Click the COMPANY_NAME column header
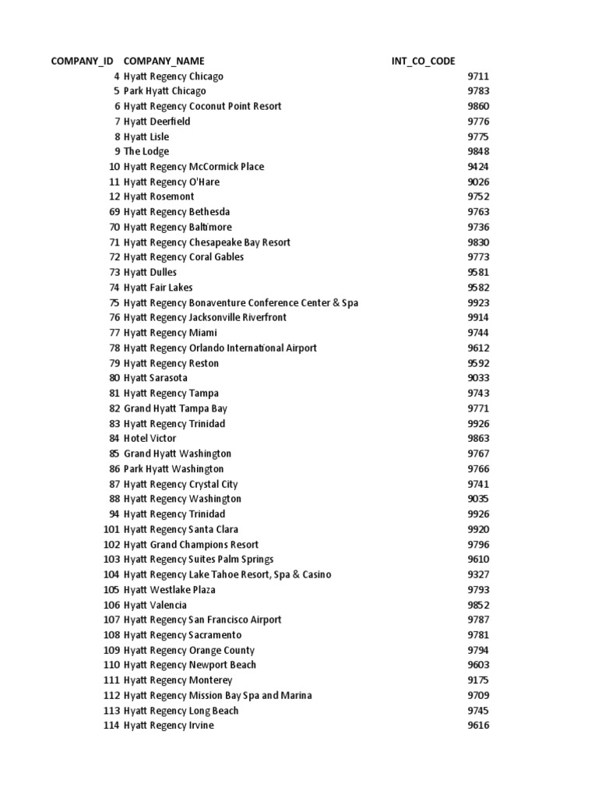(x=164, y=61)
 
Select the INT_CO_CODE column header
(x=424, y=61)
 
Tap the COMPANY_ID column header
(x=83, y=61)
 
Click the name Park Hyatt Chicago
(x=165, y=91)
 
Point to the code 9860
(x=478, y=106)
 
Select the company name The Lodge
(x=146, y=151)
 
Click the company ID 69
(x=114, y=212)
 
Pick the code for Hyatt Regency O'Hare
(x=478, y=182)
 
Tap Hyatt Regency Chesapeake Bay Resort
(x=207, y=242)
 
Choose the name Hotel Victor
(x=150, y=439)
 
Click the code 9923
(x=478, y=302)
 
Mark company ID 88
(x=114, y=499)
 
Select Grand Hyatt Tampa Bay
(x=175, y=408)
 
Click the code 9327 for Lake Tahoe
(x=478, y=574)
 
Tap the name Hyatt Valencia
(x=156, y=605)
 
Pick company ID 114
(x=111, y=726)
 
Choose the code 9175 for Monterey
(x=478, y=680)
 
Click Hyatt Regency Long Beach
(x=181, y=711)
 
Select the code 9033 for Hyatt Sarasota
(x=478, y=378)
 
